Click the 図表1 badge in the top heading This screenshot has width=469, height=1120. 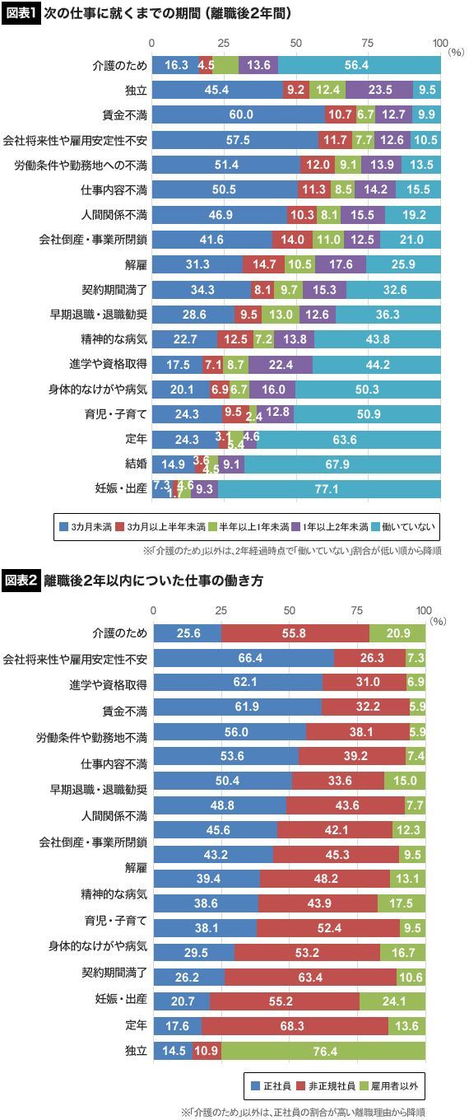[20, 13]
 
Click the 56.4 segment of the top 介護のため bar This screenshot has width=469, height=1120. [359, 65]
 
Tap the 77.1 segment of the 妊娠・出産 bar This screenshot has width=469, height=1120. [329, 489]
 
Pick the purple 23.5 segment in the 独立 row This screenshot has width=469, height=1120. [379, 90]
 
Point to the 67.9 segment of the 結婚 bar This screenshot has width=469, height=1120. [342, 464]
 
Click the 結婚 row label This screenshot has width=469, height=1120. [136, 464]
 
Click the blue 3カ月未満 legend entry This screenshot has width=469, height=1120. [86, 526]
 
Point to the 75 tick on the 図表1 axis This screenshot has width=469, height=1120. [368, 43]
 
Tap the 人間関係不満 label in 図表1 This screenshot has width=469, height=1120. [114, 214]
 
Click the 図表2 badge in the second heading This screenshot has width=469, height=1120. [21, 581]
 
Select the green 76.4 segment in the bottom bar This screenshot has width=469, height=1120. [323, 1051]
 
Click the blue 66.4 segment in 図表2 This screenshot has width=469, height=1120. [244, 658]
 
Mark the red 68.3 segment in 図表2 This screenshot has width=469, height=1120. [295, 1026]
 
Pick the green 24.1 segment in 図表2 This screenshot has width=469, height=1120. [392, 1001]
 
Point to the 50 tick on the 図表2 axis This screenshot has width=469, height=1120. [289, 610]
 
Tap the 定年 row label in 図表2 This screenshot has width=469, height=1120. [136, 1025]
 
